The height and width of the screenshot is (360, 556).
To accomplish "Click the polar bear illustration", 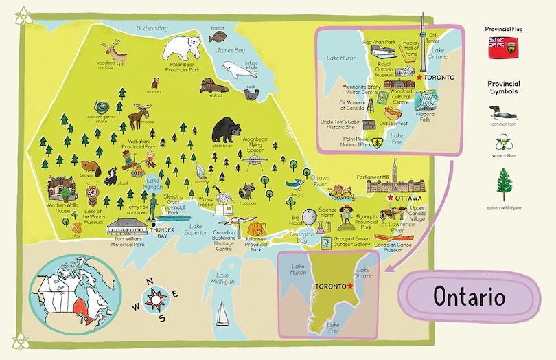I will (x=184, y=47).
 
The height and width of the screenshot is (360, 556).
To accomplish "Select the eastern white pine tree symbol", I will (x=504, y=183).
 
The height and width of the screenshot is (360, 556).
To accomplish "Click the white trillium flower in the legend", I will (x=504, y=144).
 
